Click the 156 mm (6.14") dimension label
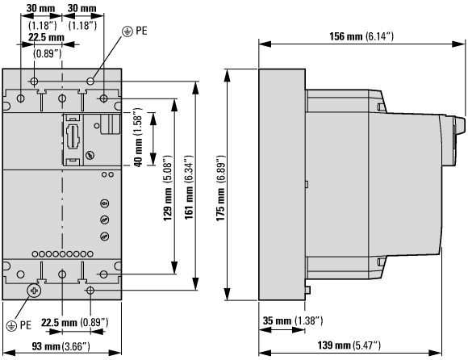pyautogui.click(x=361, y=36)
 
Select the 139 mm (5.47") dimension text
pyautogui.click(x=349, y=345)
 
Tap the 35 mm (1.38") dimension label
pyautogui.click(x=293, y=321)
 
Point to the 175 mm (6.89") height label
pyautogui.click(x=220, y=188)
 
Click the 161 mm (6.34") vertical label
pyautogui.click(x=189, y=187)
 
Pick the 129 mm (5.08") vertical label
pyautogui.click(x=168, y=188)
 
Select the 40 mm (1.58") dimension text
pyautogui.click(x=138, y=137)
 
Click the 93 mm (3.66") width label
pyautogui.click(x=61, y=346)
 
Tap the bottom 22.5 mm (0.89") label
pyautogui.click(x=74, y=322)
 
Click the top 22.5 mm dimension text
pyautogui.click(x=46, y=38)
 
